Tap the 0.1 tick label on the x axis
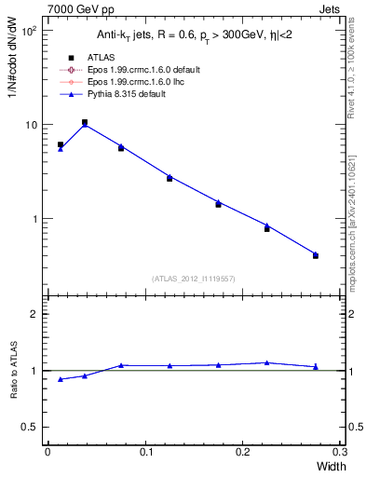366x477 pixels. click(x=145, y=452)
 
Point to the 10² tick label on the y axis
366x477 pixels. click(x=30, y=31)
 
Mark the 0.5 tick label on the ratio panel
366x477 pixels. click(x=30, y=427)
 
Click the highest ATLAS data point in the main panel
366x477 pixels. click(x=85, y=122)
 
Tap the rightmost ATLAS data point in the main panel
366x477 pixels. click(x=316, y=255)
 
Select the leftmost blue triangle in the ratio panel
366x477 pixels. click(x=61, y=379)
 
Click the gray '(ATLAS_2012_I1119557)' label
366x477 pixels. click(x=194, y=279)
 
